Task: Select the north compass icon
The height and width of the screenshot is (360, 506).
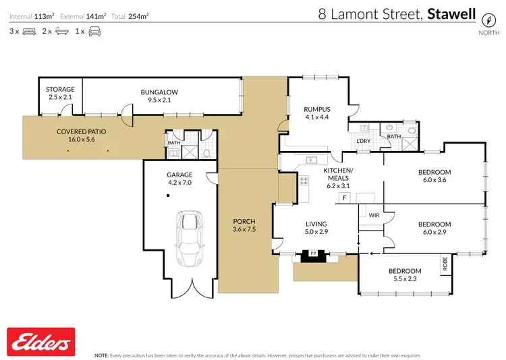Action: tap(484, 20)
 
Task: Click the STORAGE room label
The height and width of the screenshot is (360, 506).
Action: tap(60, 89)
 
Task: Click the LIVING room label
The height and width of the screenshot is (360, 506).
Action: tap(316, 224)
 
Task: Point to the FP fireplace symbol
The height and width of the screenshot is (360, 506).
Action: tap(312, 254)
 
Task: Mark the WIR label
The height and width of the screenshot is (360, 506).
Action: tap(373, 216)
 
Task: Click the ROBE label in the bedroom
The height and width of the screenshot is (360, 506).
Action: tap(445, 264)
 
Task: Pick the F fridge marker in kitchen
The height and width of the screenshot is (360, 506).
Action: tap(344, 198)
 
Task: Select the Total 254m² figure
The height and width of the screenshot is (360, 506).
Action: tap(133, 15)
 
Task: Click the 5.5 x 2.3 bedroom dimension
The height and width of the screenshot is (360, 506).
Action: tap(405, 279)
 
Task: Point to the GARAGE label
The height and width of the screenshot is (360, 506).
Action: tap(179, 174)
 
